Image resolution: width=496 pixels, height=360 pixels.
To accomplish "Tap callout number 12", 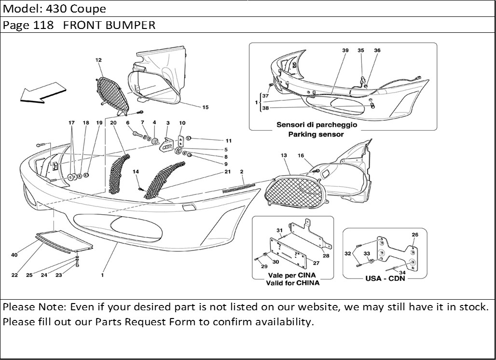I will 98,60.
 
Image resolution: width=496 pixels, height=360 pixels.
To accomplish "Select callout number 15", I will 206,107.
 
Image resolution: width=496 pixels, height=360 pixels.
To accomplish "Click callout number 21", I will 227,172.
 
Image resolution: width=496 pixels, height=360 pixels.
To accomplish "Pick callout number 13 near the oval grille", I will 284,155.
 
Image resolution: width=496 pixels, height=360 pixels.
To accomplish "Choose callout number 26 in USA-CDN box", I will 414,235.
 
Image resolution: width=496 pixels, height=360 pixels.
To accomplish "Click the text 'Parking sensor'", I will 316,135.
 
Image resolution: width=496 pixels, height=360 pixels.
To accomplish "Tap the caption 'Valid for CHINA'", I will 292,283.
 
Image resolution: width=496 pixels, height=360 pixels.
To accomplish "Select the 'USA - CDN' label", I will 386,278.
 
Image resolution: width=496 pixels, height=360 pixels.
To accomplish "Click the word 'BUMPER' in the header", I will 134,25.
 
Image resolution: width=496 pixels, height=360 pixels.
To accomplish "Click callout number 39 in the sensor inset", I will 345,50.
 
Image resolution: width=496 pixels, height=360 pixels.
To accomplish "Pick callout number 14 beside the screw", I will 136,172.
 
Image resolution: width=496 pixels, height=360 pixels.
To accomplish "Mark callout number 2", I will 241,172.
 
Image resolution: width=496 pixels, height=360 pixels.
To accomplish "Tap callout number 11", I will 228,141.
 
